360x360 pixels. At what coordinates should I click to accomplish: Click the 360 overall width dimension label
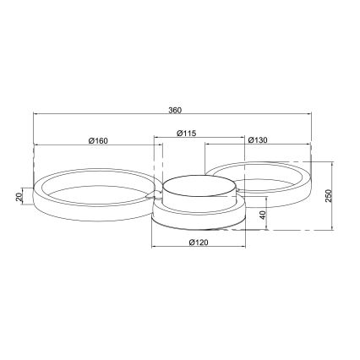175,110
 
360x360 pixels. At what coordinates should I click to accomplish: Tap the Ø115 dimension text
187,134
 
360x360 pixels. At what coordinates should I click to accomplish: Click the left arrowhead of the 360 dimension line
35,116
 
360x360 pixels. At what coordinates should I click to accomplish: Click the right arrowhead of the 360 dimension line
308,116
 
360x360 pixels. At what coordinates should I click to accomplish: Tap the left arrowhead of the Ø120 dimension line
153,248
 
